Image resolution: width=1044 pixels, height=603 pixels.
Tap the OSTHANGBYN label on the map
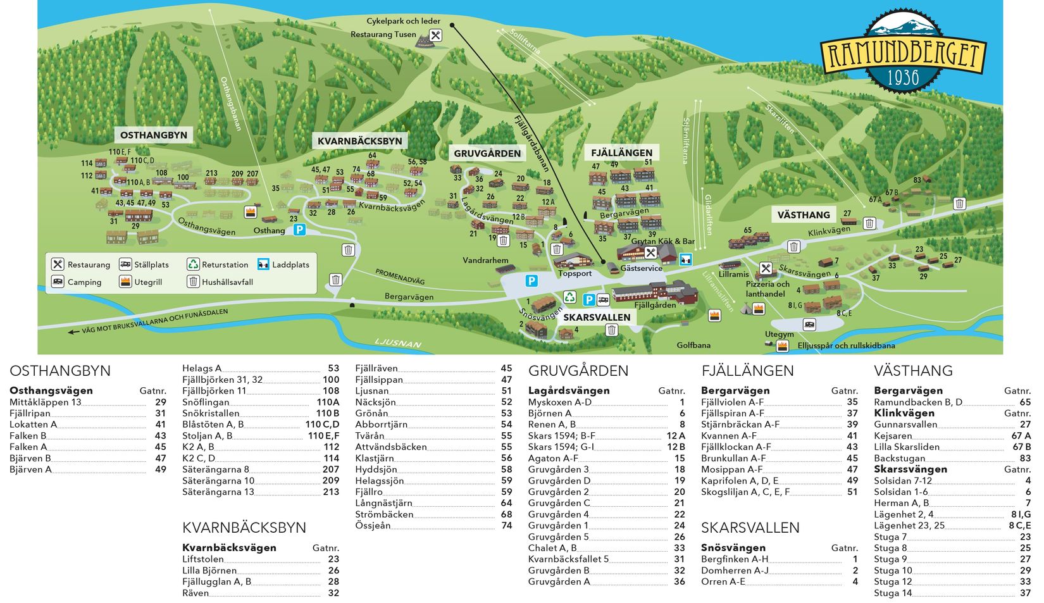[x=154, y=135]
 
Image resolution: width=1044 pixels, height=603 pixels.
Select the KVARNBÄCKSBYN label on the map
[x=359, y=140]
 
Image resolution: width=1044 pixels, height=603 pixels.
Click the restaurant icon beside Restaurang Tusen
[x=435, y=35]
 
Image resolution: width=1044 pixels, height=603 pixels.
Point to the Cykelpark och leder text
[x=403, y=21]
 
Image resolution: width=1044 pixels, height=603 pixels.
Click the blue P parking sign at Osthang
[x=299, y=230]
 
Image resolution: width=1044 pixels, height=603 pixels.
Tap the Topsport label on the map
[x=575, y=273]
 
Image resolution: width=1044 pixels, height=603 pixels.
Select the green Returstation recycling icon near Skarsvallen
[x=570, y=297]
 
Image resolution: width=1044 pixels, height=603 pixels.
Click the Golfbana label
[x=693, y=345]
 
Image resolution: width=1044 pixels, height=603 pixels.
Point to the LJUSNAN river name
[x=397, y=343]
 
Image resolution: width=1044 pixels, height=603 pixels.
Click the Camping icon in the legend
[x=58, y=282]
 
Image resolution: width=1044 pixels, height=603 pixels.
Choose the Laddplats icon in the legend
[x=263, y=264]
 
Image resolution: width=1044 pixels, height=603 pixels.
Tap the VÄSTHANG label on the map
[x=803, y=214]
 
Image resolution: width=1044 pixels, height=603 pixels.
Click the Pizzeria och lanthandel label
[x=767, y=289]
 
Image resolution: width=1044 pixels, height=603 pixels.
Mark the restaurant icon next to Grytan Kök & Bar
[x=650, y=252]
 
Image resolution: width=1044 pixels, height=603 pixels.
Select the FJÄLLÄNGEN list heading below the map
[x=747, y=371]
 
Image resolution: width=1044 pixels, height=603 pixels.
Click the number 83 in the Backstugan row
[x=1025, y=458]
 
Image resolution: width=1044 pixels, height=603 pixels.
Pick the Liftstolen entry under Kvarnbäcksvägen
[x=202, y=559]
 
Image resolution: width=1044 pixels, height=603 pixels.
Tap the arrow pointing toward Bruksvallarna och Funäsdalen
[x=74, y=332]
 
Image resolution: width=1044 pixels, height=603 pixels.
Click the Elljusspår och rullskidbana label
[x=846, y=345]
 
